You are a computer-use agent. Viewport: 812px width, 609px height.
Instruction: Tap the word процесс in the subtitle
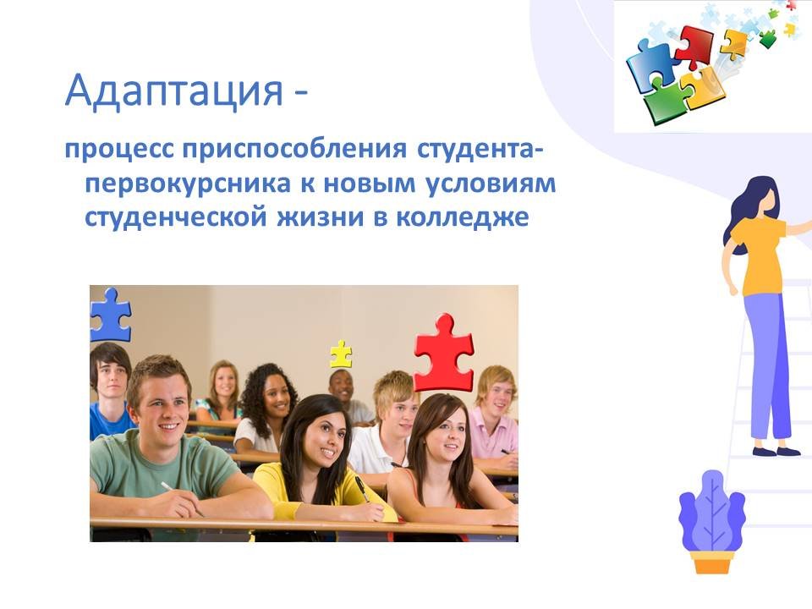[x=118, y=151]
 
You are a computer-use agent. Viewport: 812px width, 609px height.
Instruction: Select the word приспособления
[x=294, y=150]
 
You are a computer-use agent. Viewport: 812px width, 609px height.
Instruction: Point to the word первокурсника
[x=188, y=184]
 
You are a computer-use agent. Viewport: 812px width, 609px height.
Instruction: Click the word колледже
[x=463, y=217]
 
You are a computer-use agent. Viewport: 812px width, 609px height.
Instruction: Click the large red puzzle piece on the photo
[x=444, y=353]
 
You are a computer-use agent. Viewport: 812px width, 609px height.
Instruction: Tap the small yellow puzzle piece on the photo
[x=341, y=354]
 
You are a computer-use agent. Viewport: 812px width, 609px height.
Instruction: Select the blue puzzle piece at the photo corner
[x=110, y=315]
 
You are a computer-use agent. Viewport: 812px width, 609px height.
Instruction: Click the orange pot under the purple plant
[x=712, y=562]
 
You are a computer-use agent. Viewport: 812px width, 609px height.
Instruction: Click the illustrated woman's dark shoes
[x=776, y=451]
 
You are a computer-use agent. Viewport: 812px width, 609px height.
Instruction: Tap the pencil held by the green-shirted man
[x=181, y=499]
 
